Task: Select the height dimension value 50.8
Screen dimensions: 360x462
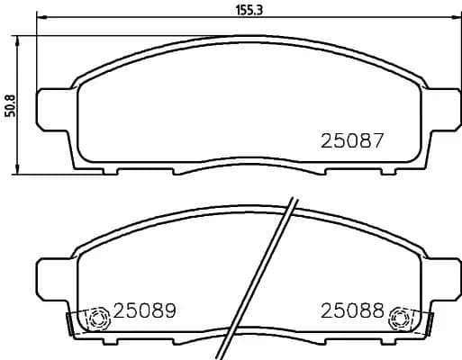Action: click(10, 106)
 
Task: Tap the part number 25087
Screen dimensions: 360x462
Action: click(353, 141)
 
